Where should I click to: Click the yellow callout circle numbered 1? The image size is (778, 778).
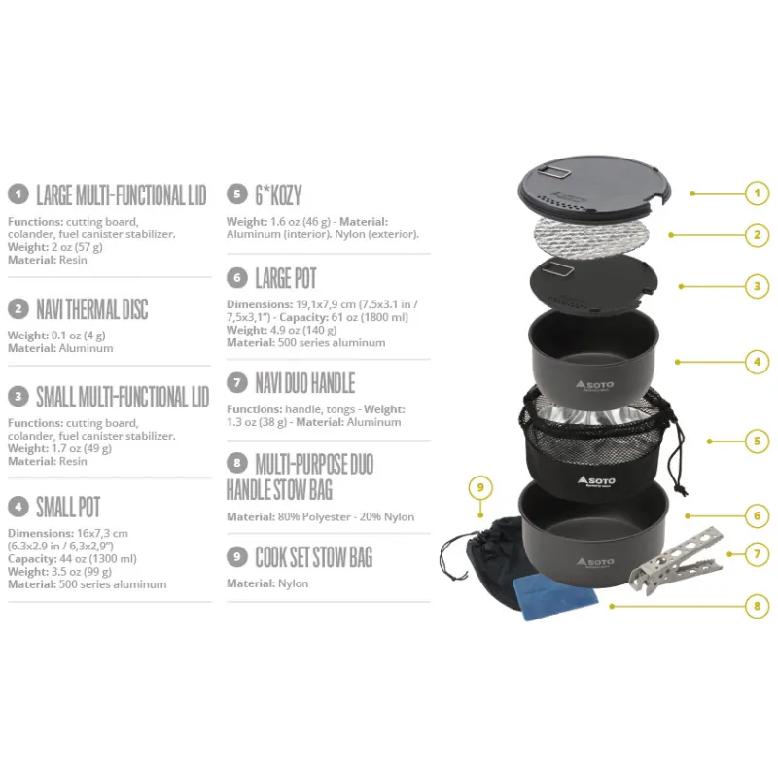pyautogui.click(x=757, y=193)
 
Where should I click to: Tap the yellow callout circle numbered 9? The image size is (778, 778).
pyautogui.click(x=480, y=487)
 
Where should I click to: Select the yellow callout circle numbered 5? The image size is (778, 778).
pyautogui.click(x=757, y=441)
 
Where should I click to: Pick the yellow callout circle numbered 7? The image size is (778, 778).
pyautogui.click(x=757, y=553)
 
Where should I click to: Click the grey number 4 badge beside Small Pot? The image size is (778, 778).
pyautogui.click(x=18, y=507)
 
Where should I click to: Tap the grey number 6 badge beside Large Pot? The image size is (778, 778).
pyautogui.click(x=237, y=278)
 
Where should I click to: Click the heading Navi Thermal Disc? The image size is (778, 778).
pyautogui.click(x=92, y=309)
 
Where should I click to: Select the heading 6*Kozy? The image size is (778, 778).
pyautogui.click(x=278, y=195)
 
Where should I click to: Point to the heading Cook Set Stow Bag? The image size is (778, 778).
pyautogui.click(x=313, y=557)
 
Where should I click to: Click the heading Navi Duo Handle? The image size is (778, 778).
pyautogui.click(x=305, y=383)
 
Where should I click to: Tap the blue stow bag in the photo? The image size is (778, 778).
pyautogui.click(x=555, y=597)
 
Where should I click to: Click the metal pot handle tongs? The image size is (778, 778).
pyautogui.click(x=676, y=561)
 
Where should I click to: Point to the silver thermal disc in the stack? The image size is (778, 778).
pyautogui.click(x=591, y=237)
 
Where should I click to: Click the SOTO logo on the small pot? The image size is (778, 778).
pyautogui.click(x=594, y=385)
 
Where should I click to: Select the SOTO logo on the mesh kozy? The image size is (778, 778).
pyautogui.click(x=596, y=480)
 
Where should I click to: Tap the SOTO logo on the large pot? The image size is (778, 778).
pyautogui.click(x=595, y=562)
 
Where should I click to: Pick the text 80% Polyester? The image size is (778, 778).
pyautogui.click(x=313, y=517)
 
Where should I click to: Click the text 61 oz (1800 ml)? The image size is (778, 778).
pyautogui.click(x=370, y=318)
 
